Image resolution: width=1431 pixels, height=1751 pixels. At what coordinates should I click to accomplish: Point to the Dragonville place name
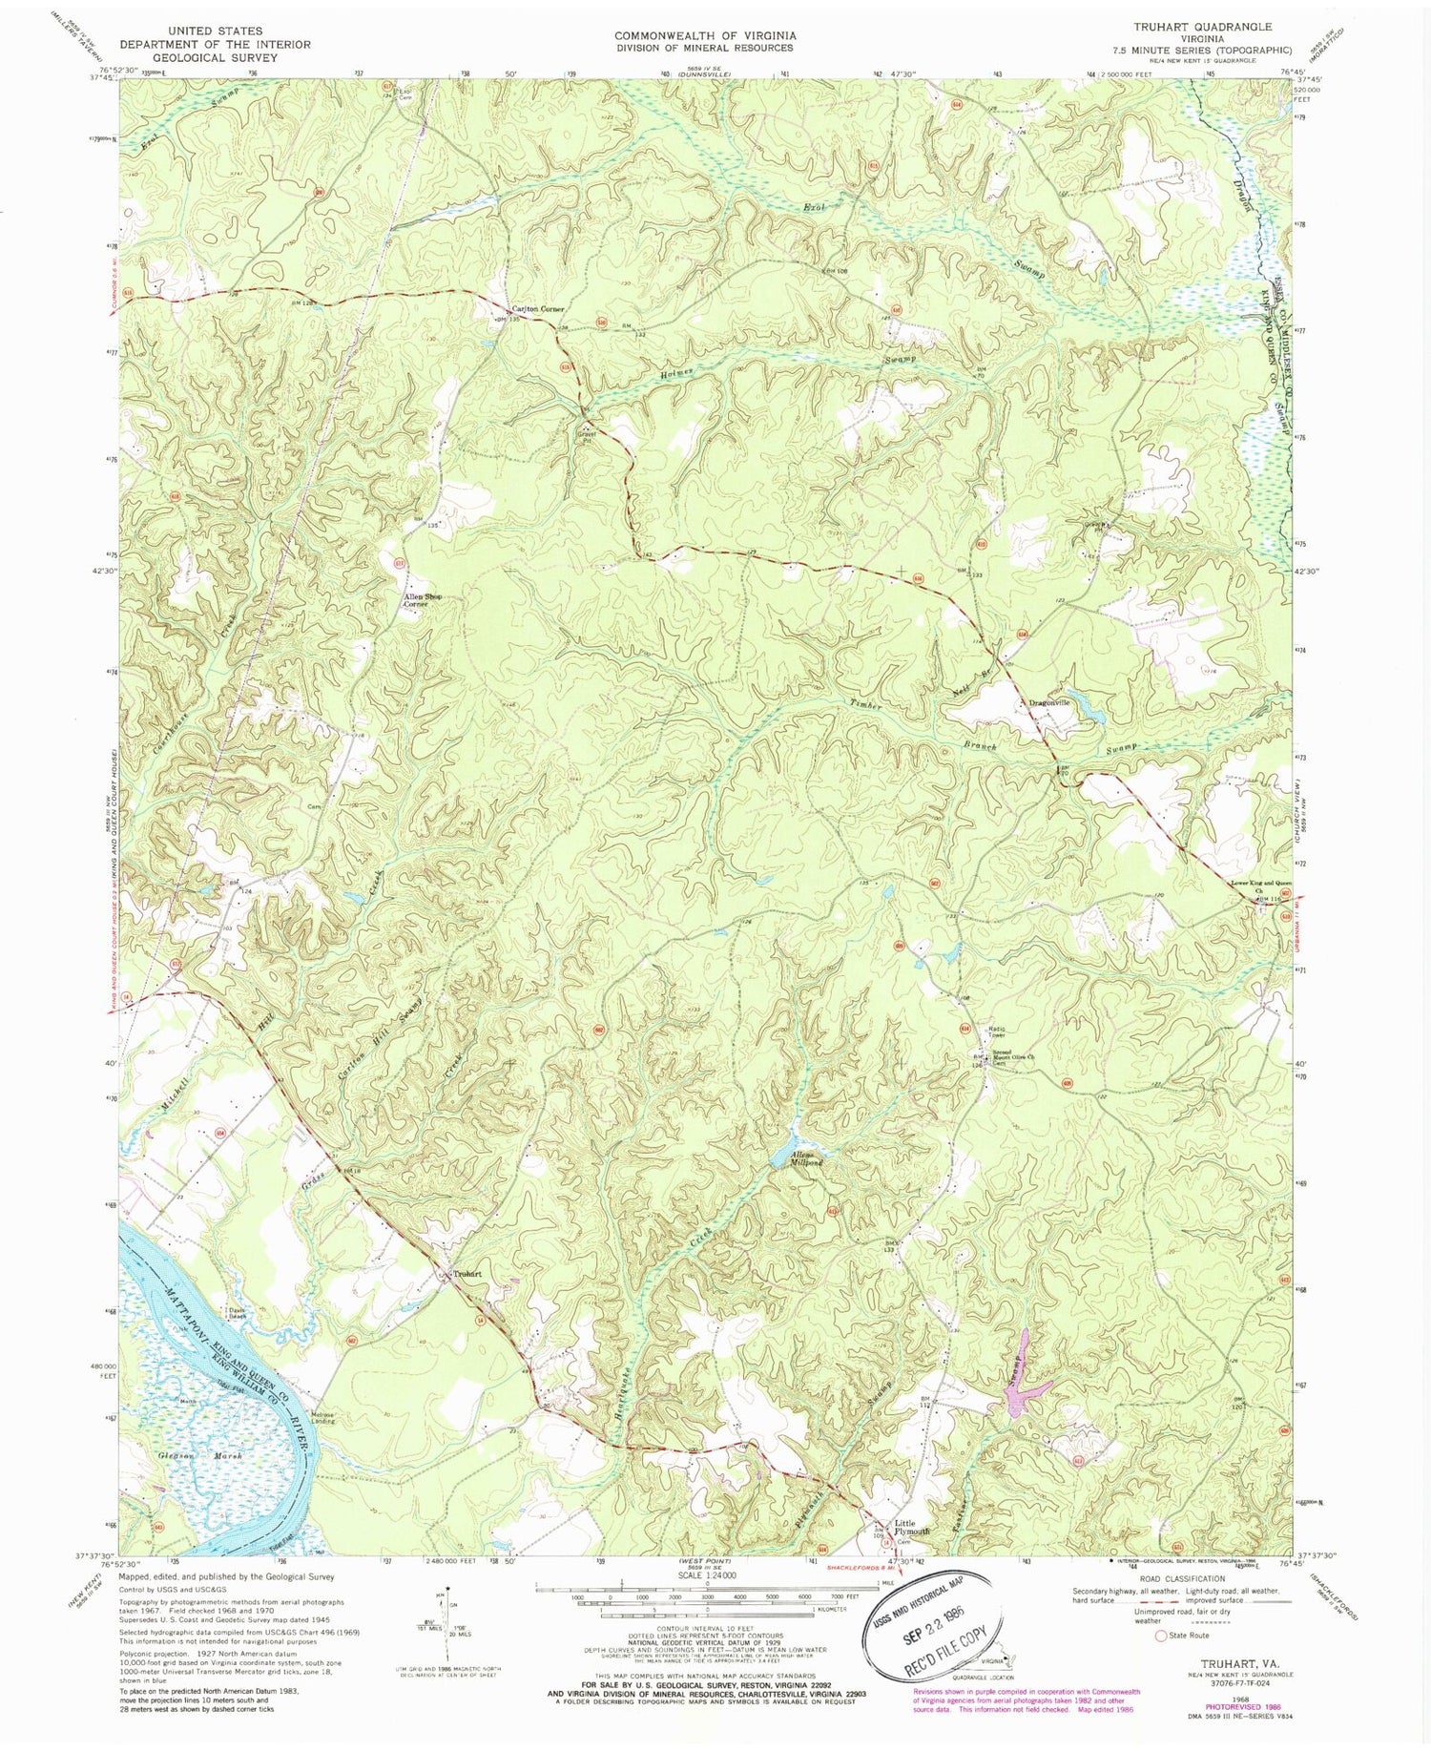[1049, 702]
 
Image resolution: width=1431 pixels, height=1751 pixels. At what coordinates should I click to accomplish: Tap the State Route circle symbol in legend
[1160, 1636]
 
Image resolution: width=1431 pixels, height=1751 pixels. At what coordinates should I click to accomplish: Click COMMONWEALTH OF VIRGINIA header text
[705, 35]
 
